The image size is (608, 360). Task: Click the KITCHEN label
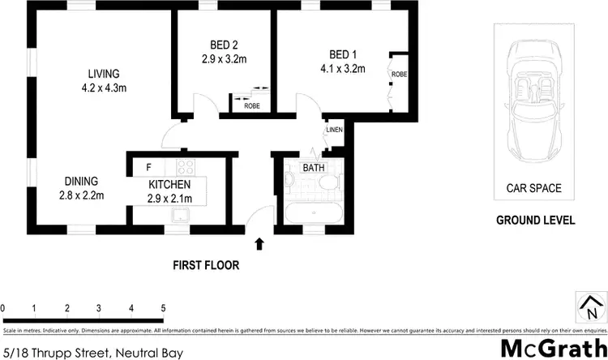pyautogui.click(x=169, y=186)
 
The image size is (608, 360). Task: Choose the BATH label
pyautogui.click(x=313, y=168)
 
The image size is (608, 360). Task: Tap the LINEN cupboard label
pyautogui.click(x=333, y=131)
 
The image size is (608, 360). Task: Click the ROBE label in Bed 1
pyautogui.click(x=398, y=75)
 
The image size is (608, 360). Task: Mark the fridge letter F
pyautogui.click(x=148, y=168)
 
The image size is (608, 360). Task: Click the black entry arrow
pyautogui.click(x=260, y=242)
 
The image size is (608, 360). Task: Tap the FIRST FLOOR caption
pyautogui.click(x=205, y=264)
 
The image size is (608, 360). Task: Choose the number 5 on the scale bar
pyautogui.click(x=163, y=308)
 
